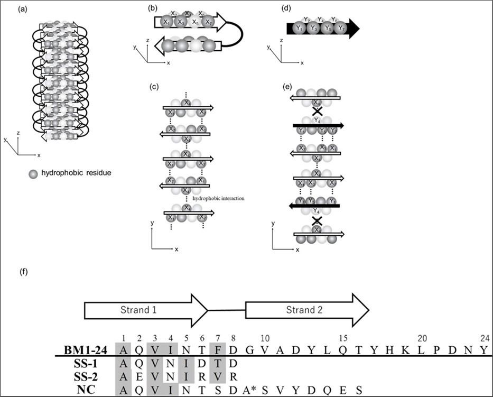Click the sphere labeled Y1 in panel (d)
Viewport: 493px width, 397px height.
coord(298,28)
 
